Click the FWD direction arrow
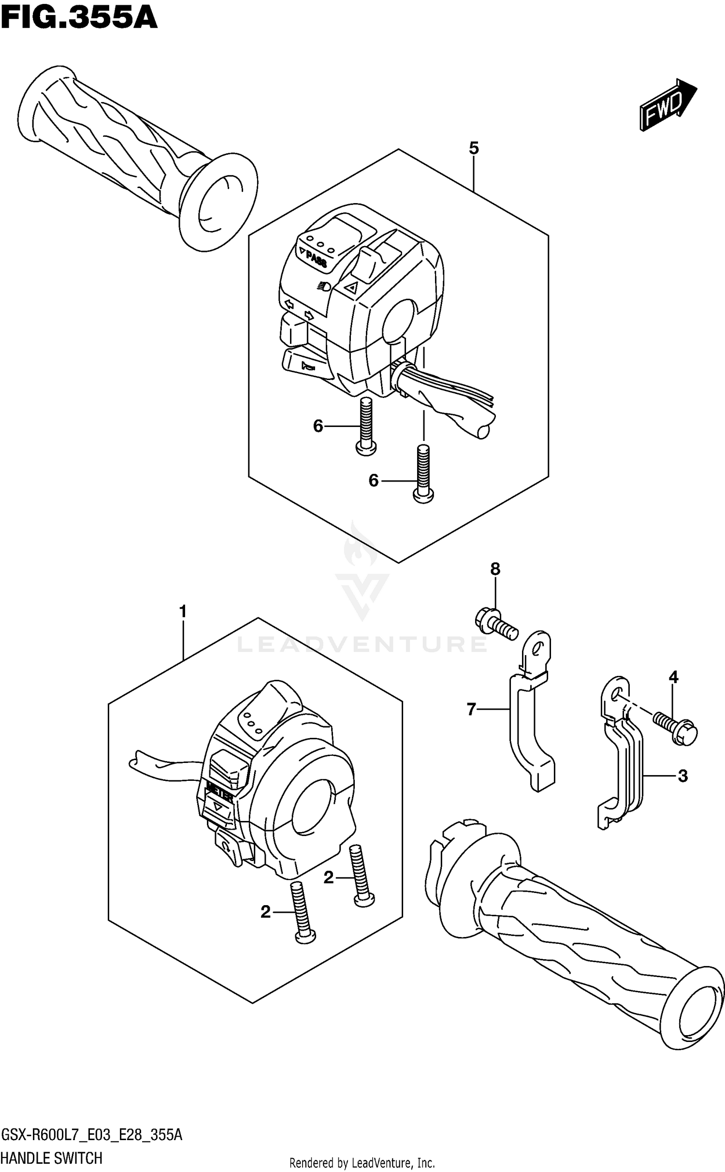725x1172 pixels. coord(667,105)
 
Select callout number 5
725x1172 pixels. coord(473,148)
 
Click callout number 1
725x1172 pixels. coord(183,612)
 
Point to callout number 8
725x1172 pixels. coord(495,569)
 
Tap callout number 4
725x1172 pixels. coord(673,677)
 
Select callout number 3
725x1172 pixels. coord(682,776)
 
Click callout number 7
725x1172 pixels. coord(472,709)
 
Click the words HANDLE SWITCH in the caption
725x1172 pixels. coord(52,1158)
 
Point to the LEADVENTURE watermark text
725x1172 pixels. coord(362,644)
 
